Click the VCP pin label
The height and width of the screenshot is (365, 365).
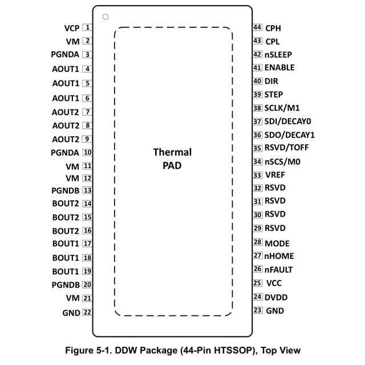[72, 27]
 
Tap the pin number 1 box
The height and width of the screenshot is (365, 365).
[87, 27]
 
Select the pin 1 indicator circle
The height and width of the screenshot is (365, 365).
[106, 17]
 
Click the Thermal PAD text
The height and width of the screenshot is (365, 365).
[172, 159]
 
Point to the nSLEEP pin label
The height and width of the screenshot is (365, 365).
[278, 55]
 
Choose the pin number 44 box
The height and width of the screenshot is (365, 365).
[257, 27]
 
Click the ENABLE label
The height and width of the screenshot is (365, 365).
[279, 67]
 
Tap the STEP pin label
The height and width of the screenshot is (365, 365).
[274, 95]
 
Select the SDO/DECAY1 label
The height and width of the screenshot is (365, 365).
[290, 135]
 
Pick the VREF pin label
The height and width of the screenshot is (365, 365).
[275, 175]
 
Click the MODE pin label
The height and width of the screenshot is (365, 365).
[277, 243]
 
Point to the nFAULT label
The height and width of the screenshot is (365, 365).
[279, 269]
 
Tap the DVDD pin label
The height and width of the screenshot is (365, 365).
[276, 297]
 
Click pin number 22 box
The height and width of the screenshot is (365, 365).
[87, 312]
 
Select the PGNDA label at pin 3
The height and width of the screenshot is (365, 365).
[64, 55]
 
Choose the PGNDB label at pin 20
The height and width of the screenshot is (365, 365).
[65, 285]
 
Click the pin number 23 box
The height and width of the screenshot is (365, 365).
[257, 310]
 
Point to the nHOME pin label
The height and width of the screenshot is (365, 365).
[279, 256]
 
